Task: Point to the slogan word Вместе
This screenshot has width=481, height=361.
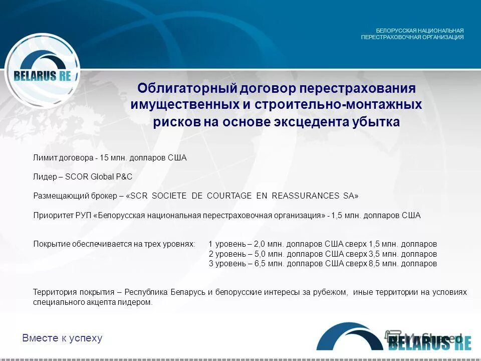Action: (40, 338)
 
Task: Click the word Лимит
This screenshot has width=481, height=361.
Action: (44, 158)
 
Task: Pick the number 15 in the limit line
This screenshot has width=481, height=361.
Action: (104, 158)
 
